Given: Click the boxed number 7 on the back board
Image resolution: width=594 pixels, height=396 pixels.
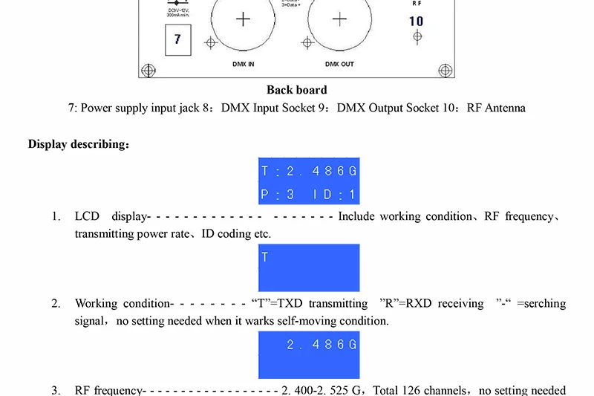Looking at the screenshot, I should tap(177, 39).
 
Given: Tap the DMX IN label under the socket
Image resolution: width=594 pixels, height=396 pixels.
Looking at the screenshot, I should tap(243, 65).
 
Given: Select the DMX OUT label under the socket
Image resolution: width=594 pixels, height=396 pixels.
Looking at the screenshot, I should tap(339, 65).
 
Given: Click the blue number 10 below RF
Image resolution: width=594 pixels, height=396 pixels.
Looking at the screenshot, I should tap(417, 21).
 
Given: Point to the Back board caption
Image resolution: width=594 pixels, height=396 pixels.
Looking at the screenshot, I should tap(296, 90).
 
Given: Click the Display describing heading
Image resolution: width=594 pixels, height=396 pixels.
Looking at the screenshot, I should tap(79, 144).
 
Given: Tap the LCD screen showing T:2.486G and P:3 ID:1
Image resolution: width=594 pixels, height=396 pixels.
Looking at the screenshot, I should tap(309, 182).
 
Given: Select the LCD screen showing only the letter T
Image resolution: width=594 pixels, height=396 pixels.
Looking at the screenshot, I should tap(309, 267).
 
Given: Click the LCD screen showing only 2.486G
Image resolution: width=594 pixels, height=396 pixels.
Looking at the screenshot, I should tap(309, 354).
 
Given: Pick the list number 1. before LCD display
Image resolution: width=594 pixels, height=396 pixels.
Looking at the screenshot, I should tap(56, 217).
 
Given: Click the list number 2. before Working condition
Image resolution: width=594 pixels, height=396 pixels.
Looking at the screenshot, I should tap(56, 304).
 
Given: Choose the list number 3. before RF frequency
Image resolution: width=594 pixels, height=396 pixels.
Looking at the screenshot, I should tap(56, 390).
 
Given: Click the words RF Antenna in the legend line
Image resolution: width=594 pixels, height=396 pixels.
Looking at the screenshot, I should tap(496, 108).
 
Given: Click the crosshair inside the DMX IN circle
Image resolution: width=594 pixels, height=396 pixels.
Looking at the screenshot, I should tap(243, 19).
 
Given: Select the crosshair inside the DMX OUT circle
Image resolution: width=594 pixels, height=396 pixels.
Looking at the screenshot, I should tap(339, 19).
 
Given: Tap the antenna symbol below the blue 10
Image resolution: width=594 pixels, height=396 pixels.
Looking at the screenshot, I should tap(417, 36).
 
